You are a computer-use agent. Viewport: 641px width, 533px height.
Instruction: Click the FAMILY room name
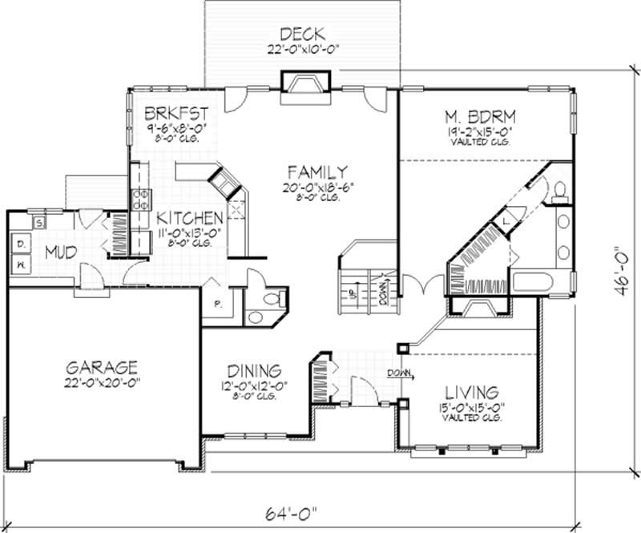tap(318, 172)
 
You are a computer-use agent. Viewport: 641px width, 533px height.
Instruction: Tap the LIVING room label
tap(472, 393)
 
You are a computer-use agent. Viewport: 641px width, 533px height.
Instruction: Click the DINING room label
tap(253, 371)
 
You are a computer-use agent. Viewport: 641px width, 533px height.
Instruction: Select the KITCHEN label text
tap(189, 218)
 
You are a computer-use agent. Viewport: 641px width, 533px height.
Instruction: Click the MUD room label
tap(61, 252)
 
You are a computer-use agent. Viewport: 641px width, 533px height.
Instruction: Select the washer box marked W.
tap(21, 262)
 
